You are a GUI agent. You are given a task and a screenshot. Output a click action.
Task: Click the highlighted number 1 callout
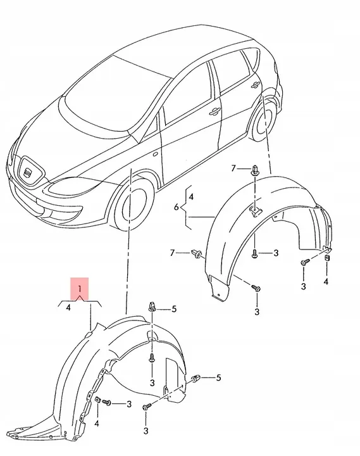[80, 289]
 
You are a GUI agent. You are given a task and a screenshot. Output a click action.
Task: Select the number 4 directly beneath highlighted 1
[68, 308]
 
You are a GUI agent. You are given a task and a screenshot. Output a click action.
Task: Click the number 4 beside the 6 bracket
[191, 197]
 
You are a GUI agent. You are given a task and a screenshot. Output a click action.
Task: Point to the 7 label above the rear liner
[233, 168]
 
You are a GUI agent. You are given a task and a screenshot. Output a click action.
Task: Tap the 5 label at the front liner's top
[174, 308]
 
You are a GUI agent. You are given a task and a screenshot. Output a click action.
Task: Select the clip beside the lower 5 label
[197, 378]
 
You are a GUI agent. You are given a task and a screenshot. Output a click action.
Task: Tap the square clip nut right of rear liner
[326, 257]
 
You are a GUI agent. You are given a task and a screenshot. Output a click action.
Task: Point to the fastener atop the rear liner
[254, 169]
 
